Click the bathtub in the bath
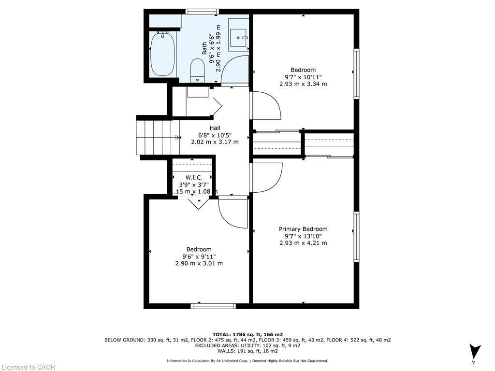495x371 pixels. (162, 54)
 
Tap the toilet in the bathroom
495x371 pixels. (198, 70)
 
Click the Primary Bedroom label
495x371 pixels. (303, 229)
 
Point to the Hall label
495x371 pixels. (215, 128)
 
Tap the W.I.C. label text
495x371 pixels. (194, 178)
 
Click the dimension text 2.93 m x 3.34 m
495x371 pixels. (303, 84)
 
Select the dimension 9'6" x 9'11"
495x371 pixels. (199, 257)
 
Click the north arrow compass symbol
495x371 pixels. (475, 351)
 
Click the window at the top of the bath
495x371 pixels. (202, 12)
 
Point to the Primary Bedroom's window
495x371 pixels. (356, 237)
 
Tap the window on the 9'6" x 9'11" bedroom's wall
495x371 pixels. (213, 306)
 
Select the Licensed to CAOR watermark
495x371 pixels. (28, 367)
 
